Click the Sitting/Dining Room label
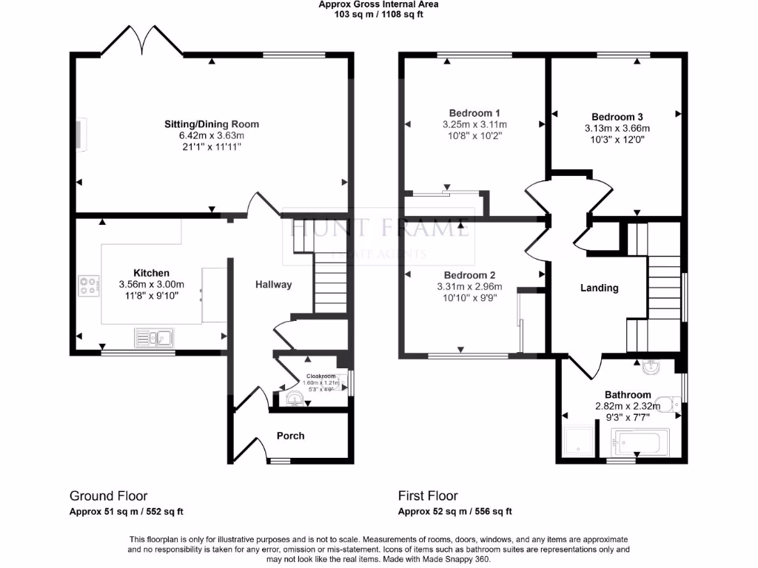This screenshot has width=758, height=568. [212, 124]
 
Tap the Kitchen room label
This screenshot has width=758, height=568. [151, 273]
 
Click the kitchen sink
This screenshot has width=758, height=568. [153, 338]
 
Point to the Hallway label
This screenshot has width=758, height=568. [273, 285]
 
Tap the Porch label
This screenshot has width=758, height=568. [290, 436]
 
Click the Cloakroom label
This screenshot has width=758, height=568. [321, 376]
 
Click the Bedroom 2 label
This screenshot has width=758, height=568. [469, 275]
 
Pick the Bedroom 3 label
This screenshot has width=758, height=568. [617, 117]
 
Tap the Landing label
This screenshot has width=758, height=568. [599, 288]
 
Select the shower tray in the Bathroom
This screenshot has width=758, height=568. [580, 442]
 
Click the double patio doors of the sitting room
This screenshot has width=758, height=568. [141, 40]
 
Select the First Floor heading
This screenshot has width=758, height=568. [428, 496]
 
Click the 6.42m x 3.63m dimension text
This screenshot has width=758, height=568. [212, 136]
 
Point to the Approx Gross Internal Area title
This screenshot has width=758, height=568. [378, 4]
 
